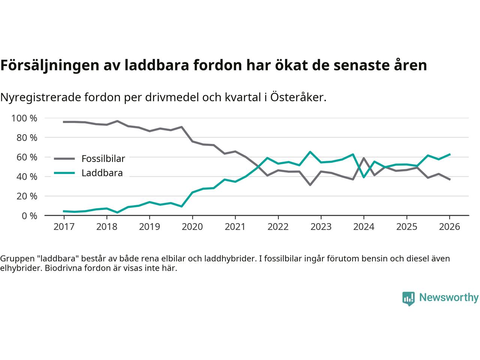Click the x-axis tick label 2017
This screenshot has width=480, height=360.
[64, 227]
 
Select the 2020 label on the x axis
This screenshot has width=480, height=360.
[192, 227]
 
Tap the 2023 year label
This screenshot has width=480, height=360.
[321, 227]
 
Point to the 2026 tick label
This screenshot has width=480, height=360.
[450, 227]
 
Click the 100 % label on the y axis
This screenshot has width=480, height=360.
[24, 118]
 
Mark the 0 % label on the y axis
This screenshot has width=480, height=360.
[29, 216]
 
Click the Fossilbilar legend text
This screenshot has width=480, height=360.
[103, 159]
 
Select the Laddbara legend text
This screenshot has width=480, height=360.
[102, 173]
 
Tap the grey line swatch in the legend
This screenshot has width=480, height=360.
[64, 159]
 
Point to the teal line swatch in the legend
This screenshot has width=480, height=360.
[64, 173]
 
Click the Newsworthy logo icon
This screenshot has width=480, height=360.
[408, 298]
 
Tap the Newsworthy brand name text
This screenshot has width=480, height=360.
[448, 298]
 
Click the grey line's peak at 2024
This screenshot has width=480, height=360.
[364, 158]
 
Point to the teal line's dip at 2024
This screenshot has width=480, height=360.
[364, 177]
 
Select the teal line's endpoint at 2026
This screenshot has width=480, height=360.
[450, 154]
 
